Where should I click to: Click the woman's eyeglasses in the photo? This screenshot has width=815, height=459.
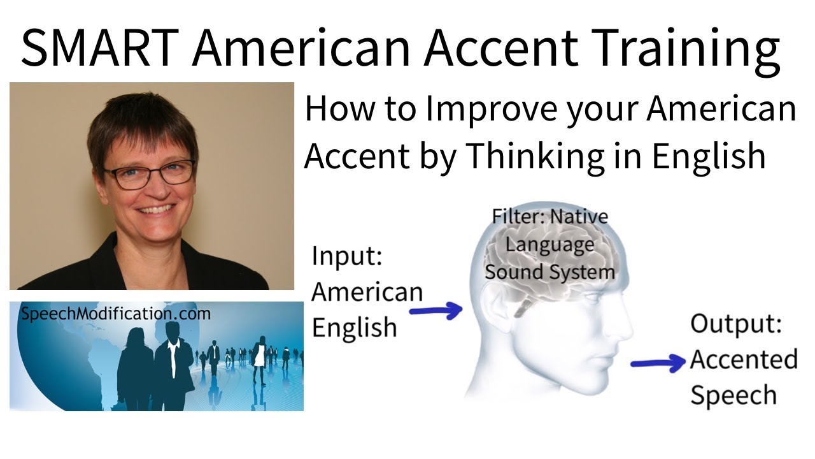pos(150,174)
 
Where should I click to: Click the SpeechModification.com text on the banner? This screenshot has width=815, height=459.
pos(115,314)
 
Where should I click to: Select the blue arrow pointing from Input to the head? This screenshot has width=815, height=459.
pos(436,311)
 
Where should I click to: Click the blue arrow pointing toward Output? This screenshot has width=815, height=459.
pos(658,363)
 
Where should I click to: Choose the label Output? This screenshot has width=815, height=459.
pos(735,324)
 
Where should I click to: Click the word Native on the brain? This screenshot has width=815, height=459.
pos(579,216)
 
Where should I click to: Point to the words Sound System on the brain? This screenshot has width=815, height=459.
pos(549,272)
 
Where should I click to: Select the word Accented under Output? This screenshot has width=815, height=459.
pos(743,359)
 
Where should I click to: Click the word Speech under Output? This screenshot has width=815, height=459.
pos(733,395)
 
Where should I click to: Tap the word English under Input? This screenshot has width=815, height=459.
pos(353,326)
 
